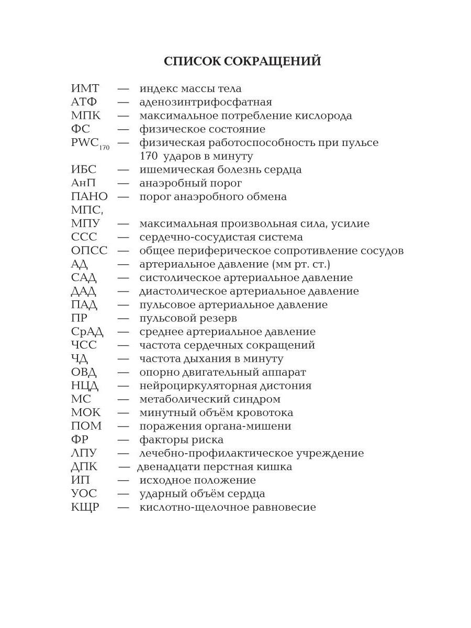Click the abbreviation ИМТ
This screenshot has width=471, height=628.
pyautogui.click(x=85, y=89)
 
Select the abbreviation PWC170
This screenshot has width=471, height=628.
pyautogui.click(x=90, y=143)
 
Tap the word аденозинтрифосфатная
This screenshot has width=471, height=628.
pyautogui.click(x=206, y=103)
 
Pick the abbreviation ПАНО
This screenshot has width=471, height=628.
pyautogui.click(x=89, y=197)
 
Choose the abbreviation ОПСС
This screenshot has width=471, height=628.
pyautogui.click(x=89, y=251)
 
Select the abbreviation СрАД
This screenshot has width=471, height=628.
pyautogui.click(x=87, y=332)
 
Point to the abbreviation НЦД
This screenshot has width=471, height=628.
pyautogui.click(x=85, y=386)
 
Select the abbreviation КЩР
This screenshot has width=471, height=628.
pyautogui.click(x=85, y=507)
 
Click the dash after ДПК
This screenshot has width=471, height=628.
pyautogui.click(x=124, y=467)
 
